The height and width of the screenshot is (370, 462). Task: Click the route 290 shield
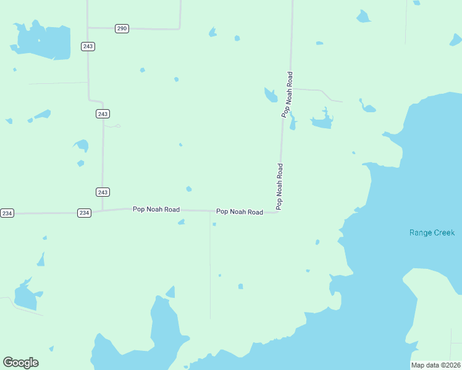pyautogui.click(x=122, y=28)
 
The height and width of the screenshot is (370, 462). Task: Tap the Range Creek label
pyautogui.click(x=432, y=232)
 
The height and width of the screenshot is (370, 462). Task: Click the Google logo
pyautogui.click(x=20, y=363)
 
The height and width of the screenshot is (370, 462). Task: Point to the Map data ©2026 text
pyautogui.click(x=435, y=365)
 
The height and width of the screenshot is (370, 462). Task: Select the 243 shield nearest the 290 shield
pyautogui.click(x=88, y=46)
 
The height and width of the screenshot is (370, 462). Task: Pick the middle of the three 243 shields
pyautogui.click(x=103, y=113)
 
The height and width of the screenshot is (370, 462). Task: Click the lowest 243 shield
pyautogui.click(x=103, y=192)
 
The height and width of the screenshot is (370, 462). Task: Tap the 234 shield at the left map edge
pyautogui.click(x=7, y=213)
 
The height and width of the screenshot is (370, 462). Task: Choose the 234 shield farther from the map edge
pyautogui.click(x=84, y=213)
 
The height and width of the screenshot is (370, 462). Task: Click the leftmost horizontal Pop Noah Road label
pyautogui.click(x=156, y=210)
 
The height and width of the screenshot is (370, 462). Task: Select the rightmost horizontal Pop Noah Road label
pyautogui.click(x=240, y=212)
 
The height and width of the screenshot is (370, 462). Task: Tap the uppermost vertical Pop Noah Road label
pyautogui.click(x=287, y=94)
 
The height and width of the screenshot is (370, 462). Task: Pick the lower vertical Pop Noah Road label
pyautogui.click(x=280, y=186)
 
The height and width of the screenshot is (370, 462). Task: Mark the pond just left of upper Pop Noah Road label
pyautogui.click(x=271, y=95)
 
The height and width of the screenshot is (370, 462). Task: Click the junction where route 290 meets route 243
pyautogui.click(x=88, y=27)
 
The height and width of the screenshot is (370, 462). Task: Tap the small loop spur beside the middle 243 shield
pyautogui.click(x=114, y=125)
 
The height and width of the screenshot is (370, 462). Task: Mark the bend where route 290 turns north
pyautogui.click(x=179, y=28)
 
